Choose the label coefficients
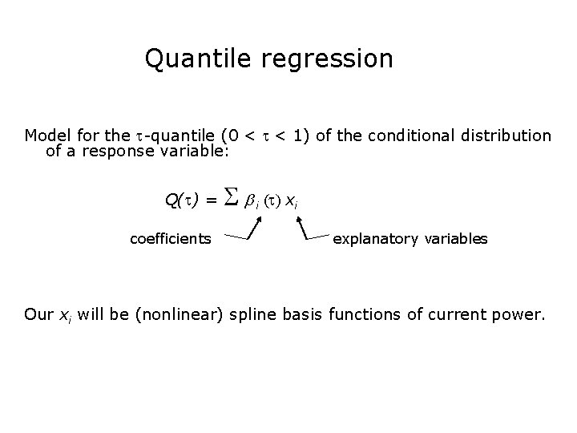coord(171,239)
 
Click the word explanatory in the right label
coord(372,239)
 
